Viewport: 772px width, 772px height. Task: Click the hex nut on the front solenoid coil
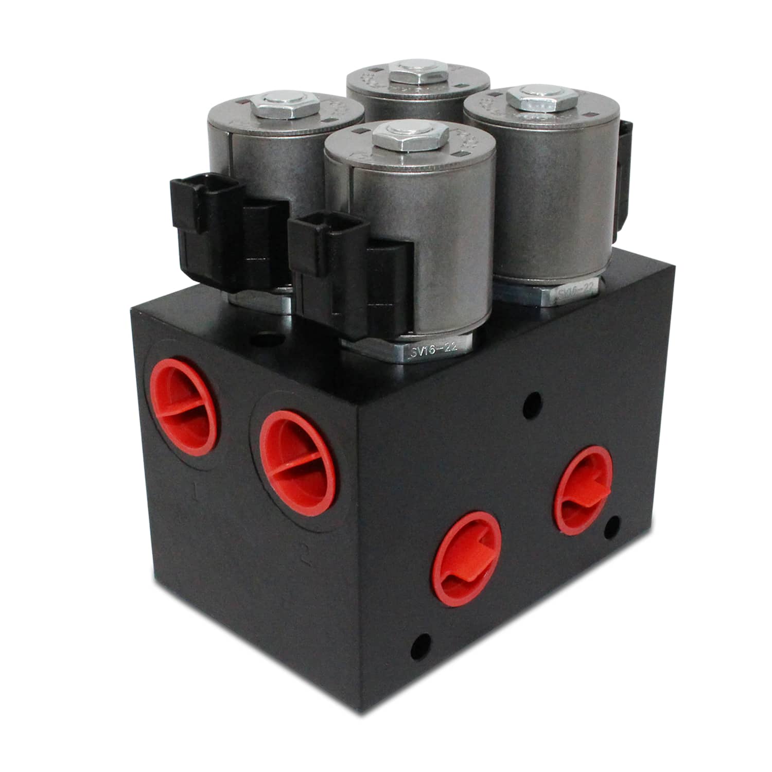[x=410, y=137]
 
